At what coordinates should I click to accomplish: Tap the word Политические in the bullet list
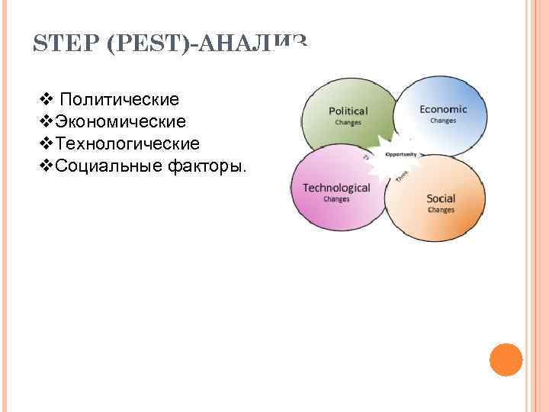click(x=119, y=99)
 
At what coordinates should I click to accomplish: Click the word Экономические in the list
click(x=120, y=121)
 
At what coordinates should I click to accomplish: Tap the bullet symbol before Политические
click(x=44, y=99)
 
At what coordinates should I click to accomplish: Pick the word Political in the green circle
click(x=348, y=111)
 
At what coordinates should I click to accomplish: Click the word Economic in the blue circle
click(x=443, y=109)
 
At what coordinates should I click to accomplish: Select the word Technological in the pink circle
click(x=336, y=188)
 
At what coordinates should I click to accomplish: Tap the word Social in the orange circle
click(x=441, y=199)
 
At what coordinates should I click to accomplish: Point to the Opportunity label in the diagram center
click(x=401, y=154)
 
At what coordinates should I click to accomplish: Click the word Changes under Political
click(x=348, y=122)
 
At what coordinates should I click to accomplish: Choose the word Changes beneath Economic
click(x=443, y=121)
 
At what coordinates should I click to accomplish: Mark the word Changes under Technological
click(x=336, y=199)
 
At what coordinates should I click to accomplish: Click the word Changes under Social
click(x=441, y=210)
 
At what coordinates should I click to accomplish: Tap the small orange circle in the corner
click(x=506, y=359)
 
